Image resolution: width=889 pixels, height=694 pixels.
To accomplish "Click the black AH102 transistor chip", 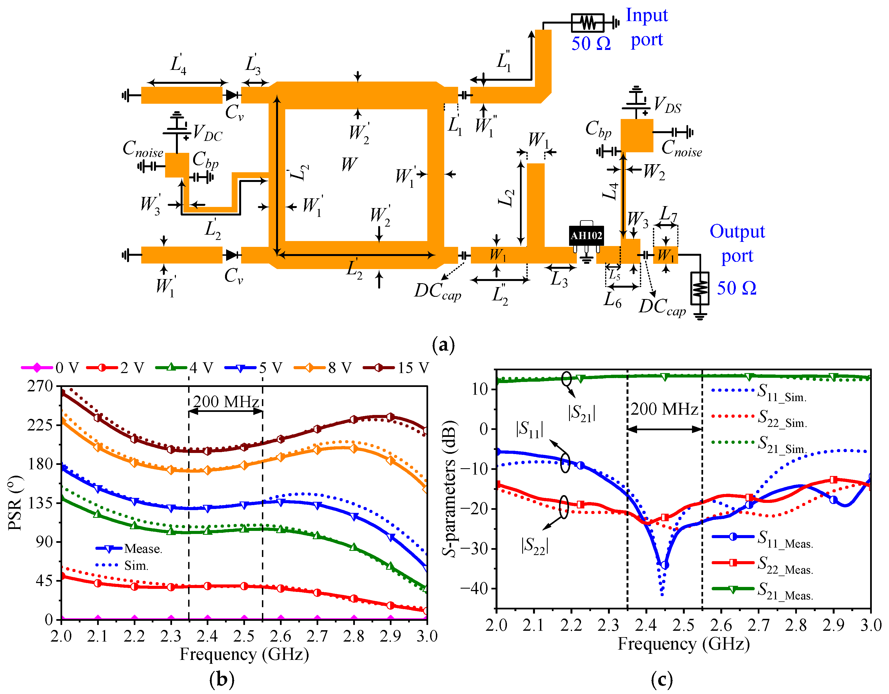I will tap(586, 236).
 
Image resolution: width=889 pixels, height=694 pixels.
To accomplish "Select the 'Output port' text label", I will tap(737, 244).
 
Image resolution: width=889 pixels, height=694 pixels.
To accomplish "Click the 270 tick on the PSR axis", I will tap(40, 386).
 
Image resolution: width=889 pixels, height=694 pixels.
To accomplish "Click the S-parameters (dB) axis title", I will tap(450, 488).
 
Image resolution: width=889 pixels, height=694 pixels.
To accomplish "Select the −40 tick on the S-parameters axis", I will tap(474, 588).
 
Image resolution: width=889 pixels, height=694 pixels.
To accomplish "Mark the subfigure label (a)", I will tap(443, 345).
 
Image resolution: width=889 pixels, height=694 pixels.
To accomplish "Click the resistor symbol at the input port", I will tap(588, 23).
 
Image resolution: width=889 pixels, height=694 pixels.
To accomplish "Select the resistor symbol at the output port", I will tap(700, 288).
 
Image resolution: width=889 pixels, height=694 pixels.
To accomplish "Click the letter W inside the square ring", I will tap(349, 164).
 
